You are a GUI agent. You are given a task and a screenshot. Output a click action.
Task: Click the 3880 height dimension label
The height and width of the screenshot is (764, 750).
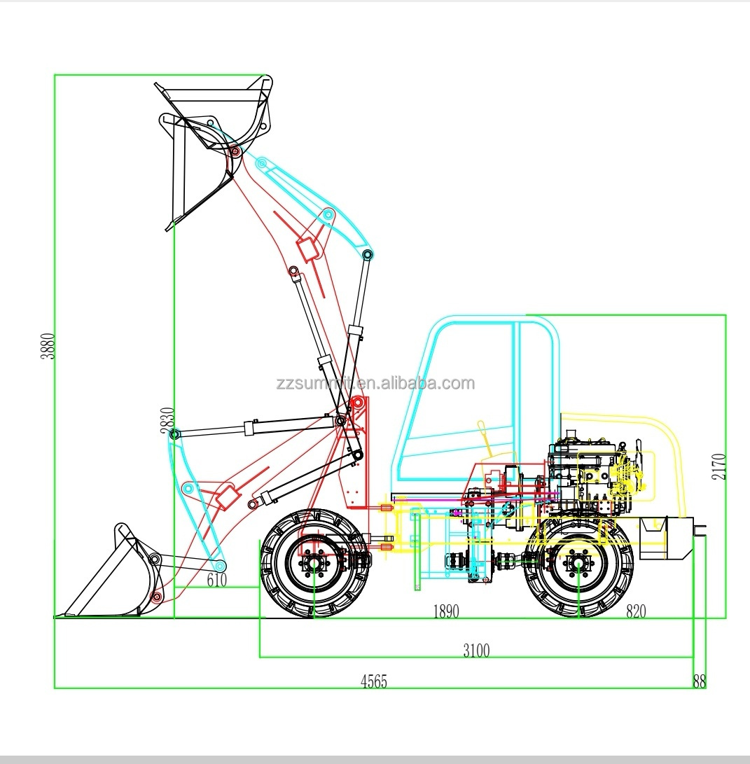(47, 346)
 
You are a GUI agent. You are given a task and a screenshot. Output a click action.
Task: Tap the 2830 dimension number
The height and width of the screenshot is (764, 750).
(167, 422)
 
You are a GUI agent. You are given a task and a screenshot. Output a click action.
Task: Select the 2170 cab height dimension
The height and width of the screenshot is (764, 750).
(719, 466)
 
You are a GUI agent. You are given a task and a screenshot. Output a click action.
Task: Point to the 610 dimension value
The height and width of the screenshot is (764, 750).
(216, 579)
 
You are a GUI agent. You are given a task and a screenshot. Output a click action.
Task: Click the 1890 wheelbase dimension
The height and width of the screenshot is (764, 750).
(445, 611)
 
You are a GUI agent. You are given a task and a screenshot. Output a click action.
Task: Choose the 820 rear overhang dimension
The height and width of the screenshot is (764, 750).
(635, 611)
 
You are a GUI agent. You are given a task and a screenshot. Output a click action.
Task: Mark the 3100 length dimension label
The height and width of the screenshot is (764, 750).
(476, 651)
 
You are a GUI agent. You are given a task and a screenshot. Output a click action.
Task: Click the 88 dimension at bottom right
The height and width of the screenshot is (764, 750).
(699, 681)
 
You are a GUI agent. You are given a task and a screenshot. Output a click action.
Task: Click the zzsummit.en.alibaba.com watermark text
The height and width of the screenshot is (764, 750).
(375, 383)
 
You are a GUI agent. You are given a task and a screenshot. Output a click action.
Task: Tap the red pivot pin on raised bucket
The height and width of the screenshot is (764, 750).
(235, 151)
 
